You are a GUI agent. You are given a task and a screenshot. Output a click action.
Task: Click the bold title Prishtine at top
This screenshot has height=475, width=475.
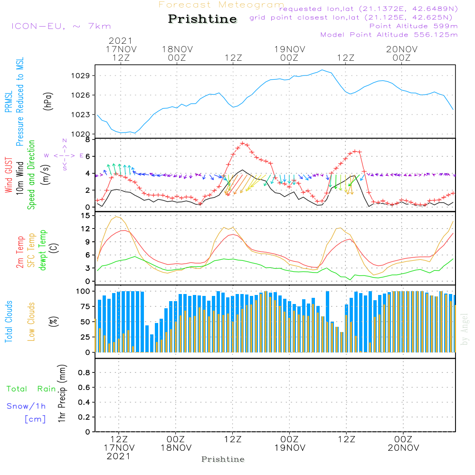coord(202,19)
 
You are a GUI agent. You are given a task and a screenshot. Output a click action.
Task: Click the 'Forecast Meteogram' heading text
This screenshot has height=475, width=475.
coord(221,5)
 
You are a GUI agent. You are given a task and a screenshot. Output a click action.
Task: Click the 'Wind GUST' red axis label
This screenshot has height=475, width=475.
coord(9,175)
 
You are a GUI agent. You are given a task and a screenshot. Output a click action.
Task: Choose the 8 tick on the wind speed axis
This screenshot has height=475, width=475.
coord(87,140)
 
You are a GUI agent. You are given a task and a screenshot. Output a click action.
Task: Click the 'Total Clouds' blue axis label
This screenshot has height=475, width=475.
coord(9,322)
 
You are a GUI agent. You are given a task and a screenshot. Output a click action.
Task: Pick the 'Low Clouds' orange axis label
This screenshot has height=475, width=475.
coord(31,321)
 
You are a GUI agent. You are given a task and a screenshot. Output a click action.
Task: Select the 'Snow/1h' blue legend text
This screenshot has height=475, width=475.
coord(26,406)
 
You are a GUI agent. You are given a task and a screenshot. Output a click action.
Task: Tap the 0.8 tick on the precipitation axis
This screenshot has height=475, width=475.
coord(84,373)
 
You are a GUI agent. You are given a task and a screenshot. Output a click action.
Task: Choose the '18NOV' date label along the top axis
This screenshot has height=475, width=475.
coord(177,49)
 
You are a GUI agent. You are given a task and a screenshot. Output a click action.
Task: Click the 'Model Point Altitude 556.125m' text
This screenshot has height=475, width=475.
coord(389,35)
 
